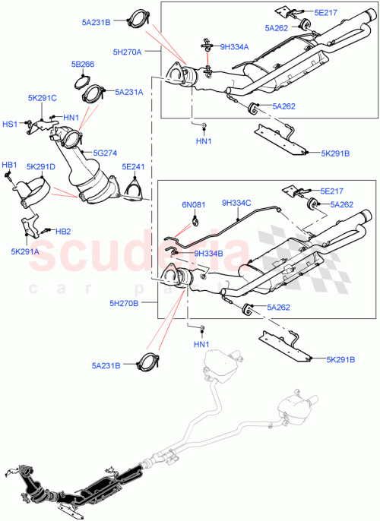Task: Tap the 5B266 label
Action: [83, 65]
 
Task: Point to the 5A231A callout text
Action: [130, 91]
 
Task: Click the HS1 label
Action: [10, 124]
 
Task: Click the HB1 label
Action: [9, 164]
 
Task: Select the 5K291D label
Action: [40, 166]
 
